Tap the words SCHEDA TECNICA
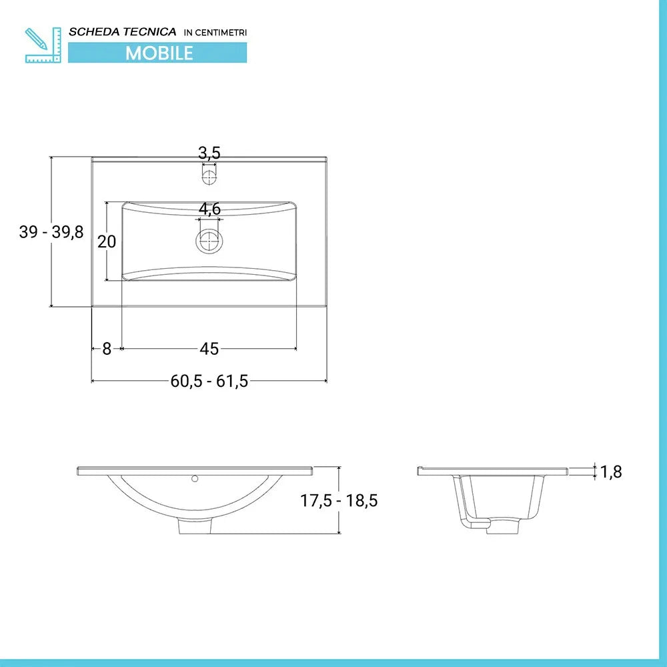[123, 31]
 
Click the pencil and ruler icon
[43, 45]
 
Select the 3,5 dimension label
[209, 153]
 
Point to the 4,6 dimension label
[209, 209]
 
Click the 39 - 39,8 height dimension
[51, 232]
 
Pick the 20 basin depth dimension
[107, 241]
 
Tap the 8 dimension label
[107, 348]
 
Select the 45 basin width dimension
[209, 348]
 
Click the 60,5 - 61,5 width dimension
[209, 381]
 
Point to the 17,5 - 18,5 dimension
[338, 500]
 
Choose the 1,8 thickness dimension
[610, 472]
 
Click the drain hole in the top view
[209, 241]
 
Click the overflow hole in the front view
[195, 478]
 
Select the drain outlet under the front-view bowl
[195, 526]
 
